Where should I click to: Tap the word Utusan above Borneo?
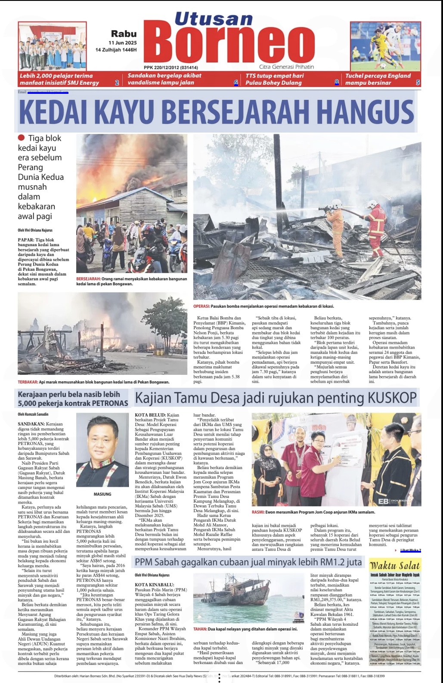tap(214, 19)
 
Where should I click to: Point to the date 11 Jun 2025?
tap(122, 43)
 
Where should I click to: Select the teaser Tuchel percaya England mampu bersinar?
tap(378, 79)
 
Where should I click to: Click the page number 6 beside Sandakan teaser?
tap(235, 83)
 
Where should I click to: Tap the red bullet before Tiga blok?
tap(22, 138)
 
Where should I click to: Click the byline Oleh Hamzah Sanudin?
tap(33, 414)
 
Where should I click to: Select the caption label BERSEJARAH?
tap(88, 279)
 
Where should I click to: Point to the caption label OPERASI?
tap(201, 306)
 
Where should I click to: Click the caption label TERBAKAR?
tap(28, 382)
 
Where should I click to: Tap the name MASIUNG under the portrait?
tap(102, 494)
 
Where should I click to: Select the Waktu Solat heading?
tap(395, 566)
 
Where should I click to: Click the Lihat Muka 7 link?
tap(410, 550)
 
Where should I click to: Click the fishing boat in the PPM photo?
tap(228, 596)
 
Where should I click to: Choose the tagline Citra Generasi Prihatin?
tap(286, 67)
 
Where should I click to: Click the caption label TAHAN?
tap(200, 629)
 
